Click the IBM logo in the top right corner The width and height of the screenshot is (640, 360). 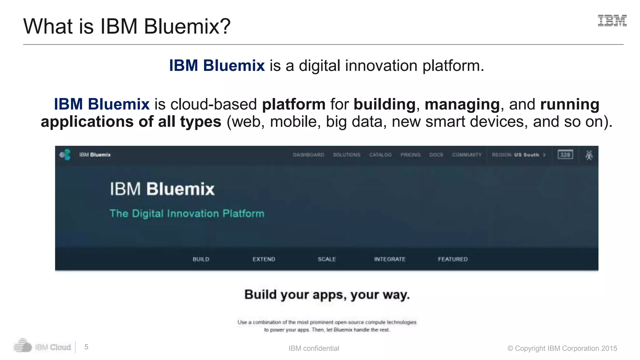pos(612,21)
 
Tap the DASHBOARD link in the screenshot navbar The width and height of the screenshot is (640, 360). pos(308,155)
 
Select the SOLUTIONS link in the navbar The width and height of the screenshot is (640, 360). pos(347,155)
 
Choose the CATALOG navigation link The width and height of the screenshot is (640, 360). pos(380,155)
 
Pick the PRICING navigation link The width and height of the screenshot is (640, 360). pos(410,155)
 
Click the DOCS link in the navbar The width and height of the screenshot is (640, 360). pos(436,155)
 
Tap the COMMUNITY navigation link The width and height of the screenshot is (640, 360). pos(467,155)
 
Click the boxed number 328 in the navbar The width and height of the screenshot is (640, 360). pos(565,155)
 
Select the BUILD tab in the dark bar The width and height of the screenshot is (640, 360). pos(201,259)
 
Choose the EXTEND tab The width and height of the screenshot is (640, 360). pos(264,259)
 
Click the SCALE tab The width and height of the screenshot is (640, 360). pos(327,259)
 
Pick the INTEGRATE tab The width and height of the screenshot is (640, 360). pos(390,259)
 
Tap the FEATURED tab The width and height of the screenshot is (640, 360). pos(453,259)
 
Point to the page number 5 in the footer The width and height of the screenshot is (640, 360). pos(86,347)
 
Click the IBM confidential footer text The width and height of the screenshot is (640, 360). pos(313,348)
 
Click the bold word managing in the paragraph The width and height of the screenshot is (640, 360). pos(462,104)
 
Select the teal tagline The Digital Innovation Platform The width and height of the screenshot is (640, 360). pos(187,213)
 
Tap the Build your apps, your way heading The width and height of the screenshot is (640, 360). pos(327,294)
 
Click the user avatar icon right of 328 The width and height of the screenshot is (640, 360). pos(589,155)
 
